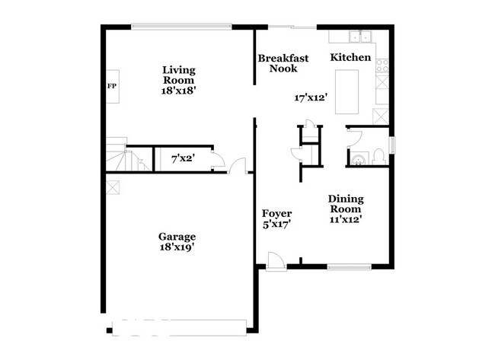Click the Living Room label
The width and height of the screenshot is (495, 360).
177,75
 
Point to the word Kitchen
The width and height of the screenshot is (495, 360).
350,57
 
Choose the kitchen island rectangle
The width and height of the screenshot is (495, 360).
347,81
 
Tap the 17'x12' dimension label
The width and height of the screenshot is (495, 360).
311,97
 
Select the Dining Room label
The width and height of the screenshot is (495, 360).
346,203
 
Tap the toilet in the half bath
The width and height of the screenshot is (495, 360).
375,158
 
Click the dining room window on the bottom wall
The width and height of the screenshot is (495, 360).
349,265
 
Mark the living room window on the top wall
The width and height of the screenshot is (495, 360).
180,27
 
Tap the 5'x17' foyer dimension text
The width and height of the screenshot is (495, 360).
276,225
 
